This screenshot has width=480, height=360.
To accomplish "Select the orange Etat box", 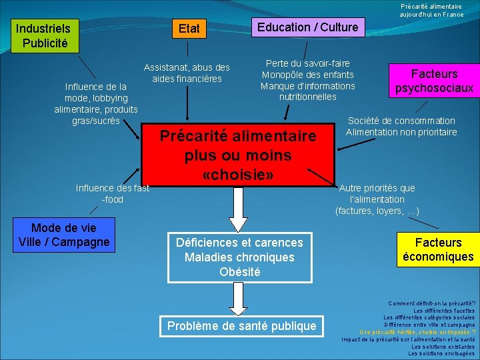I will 189,29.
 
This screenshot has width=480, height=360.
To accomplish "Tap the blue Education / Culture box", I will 307,27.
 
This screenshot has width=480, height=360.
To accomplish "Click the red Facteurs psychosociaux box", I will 434,80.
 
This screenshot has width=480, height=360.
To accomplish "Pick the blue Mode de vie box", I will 64,235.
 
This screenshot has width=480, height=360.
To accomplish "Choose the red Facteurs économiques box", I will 438,249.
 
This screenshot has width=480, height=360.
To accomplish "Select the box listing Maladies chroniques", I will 239,257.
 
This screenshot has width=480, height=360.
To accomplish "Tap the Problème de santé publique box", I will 241,326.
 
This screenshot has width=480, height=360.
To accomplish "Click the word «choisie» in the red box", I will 238,175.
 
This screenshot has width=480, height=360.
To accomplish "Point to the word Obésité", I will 239,272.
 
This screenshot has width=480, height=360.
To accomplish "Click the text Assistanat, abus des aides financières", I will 187,73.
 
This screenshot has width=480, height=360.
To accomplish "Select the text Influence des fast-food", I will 112,193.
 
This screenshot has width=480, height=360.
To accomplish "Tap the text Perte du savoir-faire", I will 307,63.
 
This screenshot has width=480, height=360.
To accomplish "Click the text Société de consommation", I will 401,121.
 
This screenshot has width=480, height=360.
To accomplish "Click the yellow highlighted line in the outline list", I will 417,331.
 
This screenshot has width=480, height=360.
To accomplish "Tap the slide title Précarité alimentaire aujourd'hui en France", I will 431,10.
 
